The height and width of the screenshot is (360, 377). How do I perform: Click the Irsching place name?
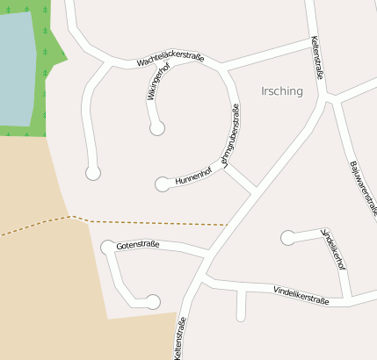(x=282, y=90)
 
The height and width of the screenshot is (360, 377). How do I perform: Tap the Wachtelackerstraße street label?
(x=170, y=61)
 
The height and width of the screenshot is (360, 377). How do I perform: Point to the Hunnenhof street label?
(x=193, y=176)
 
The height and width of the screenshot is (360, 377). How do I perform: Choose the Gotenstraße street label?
(x=137, y=245)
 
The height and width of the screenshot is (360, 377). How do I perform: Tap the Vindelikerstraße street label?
(x=301, y=294)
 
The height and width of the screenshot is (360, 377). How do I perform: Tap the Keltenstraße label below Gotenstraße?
(x=180, y=338)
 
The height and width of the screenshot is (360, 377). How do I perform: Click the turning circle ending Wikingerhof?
(x=157, y=129)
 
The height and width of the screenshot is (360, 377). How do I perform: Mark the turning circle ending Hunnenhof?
(x=162, y=184)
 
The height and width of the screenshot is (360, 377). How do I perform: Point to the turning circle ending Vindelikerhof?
(x=287, y=237)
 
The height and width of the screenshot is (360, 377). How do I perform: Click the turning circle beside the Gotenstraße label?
(x=108, y=248)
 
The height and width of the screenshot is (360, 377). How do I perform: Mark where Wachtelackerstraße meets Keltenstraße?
(x=313, y=40)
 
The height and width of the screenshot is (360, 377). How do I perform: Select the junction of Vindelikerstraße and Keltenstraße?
(x=204, y=281)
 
